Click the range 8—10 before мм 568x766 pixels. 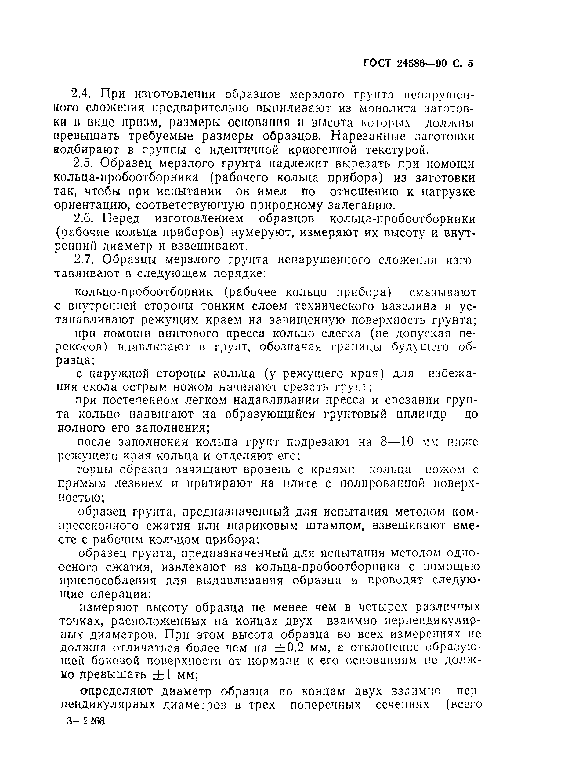(x=397, y=442)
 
